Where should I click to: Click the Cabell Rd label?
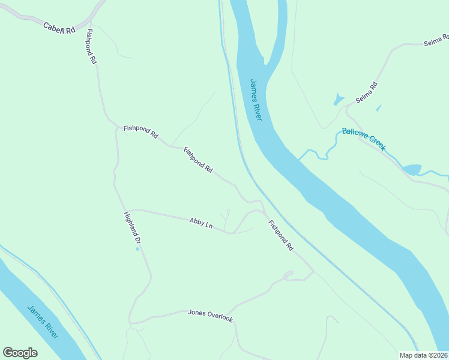tap(59, 28)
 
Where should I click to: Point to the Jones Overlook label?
tap(210, 316)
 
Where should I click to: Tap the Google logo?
tap(20, 353)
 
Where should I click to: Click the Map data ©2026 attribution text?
tap(424, 355)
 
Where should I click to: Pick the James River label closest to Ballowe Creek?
tap(256, 100)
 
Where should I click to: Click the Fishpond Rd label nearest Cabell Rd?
tap(91, 46)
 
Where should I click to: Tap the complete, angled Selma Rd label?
tap(366, 92)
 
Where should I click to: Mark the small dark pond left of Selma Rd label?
tap(339, 99)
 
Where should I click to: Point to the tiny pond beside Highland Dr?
tap(137, 249)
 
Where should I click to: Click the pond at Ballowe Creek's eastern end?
tap(412, 169)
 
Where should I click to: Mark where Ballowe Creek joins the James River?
tap(300, 158)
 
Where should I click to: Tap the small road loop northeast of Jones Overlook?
tap(288, 275)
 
